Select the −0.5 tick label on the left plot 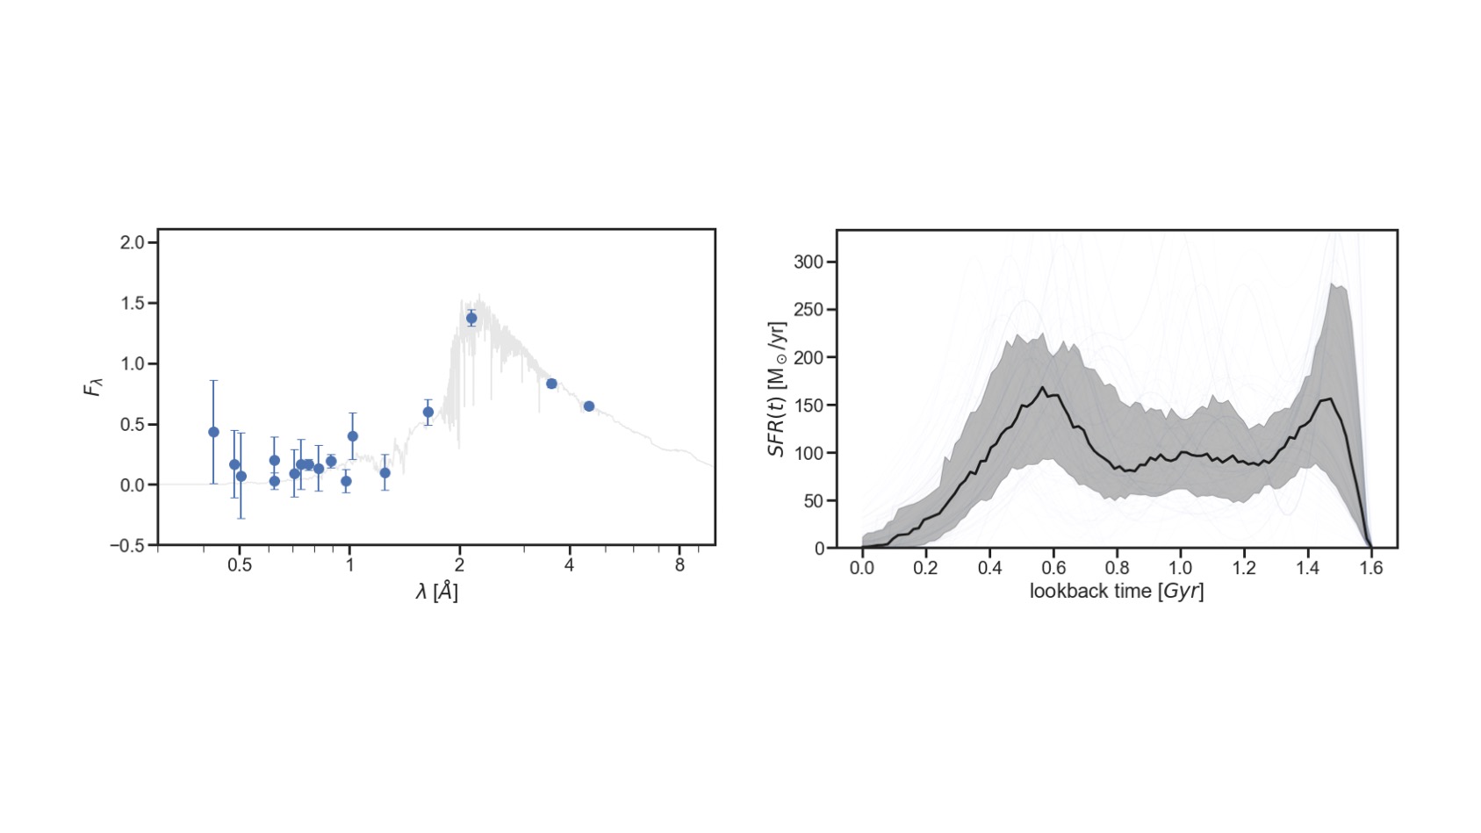point(127,545)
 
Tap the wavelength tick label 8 point(679,565)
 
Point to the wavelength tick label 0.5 point(239,565)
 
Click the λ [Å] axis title point(436,592)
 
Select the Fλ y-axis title point(93,386)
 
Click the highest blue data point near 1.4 point(471,319)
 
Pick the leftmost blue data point point(213,432)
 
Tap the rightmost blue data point point(589,406)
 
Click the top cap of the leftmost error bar point(213,381)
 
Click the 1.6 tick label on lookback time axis point(1371,568)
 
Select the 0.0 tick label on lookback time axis point(862,568)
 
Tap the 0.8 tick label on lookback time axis point(1117,568)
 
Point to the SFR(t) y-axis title point(777,389)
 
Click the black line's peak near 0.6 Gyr point(1043,387)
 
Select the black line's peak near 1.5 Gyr point(1332,399)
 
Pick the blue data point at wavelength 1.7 point(428,413)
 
